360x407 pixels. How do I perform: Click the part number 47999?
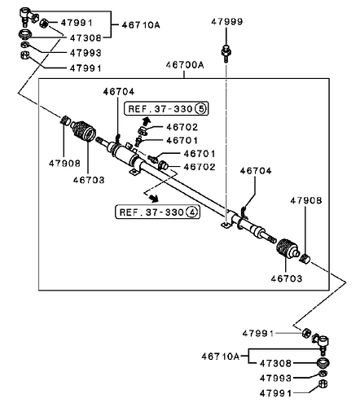point(226,21)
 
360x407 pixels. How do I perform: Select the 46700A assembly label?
point(185,65)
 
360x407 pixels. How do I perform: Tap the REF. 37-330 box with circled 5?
point(166,109)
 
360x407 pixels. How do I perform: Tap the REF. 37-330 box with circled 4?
point(158,212)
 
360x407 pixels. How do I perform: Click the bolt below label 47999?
point(226,53)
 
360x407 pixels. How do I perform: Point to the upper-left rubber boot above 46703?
point(84,130)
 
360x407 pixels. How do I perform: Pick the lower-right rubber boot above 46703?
point(288,249)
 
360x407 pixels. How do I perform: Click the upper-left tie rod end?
point(26,16)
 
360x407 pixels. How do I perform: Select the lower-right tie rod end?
point(322,343)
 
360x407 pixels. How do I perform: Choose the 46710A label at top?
point(141,25)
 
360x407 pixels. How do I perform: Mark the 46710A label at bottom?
point(221,356)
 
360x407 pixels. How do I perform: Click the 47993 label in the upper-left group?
point(86,53)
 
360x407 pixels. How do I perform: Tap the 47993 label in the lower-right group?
point(275,378)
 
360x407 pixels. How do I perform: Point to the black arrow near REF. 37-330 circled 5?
point(146,120)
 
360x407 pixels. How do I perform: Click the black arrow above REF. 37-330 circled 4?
point(154,198)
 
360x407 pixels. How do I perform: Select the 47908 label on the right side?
point(306,201)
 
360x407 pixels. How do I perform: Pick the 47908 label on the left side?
point(64,163)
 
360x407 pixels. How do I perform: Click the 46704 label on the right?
point(256,171)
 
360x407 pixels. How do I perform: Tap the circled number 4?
point(192,212)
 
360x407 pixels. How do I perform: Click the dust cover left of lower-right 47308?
point(323,363)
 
